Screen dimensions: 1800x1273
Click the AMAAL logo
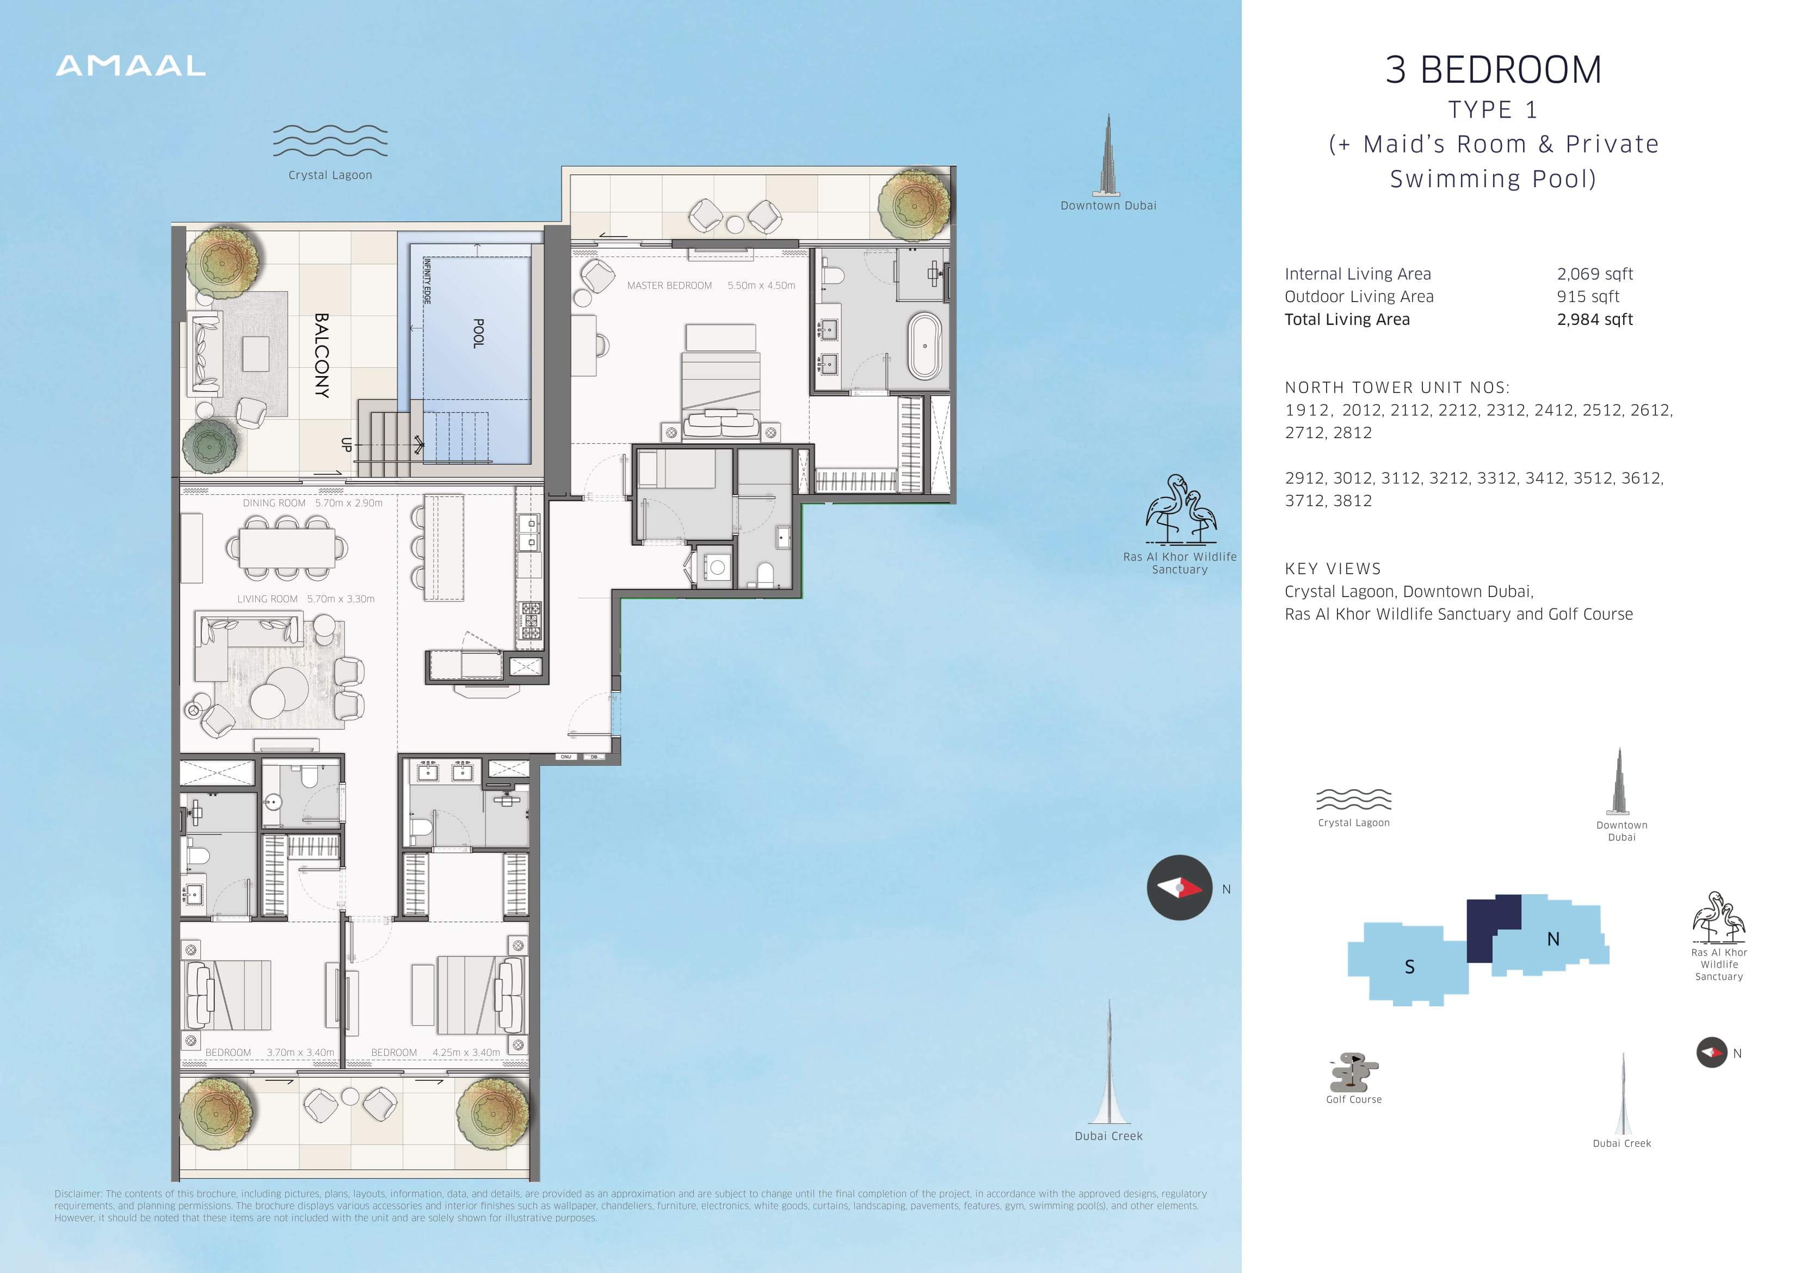pos(131,66)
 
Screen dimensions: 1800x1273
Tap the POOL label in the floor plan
pos(478,333)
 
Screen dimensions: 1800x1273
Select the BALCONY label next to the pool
pos(322,355)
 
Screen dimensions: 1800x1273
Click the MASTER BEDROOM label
pos(669,286)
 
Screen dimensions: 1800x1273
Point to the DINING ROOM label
pos(274,503)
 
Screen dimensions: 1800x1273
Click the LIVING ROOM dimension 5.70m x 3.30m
pos(341,599)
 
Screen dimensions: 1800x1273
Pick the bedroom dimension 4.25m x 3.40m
pos(466,1053)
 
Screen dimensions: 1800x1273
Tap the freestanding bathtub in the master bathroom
pos(925,346)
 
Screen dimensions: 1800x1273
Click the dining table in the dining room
pos(287,548)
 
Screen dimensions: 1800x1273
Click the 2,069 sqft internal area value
pos(1595,274)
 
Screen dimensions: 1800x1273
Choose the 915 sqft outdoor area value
pos(1588,297)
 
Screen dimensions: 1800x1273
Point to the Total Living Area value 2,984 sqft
pos(1595,319)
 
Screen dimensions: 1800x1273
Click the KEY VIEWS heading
pos(1333,569)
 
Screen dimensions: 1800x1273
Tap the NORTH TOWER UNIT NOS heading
pos(1397,388)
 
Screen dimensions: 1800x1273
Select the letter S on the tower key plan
pos(1409,967)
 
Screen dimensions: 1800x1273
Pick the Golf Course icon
pos(1354,1072)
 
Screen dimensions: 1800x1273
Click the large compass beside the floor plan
pos(1180,888)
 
